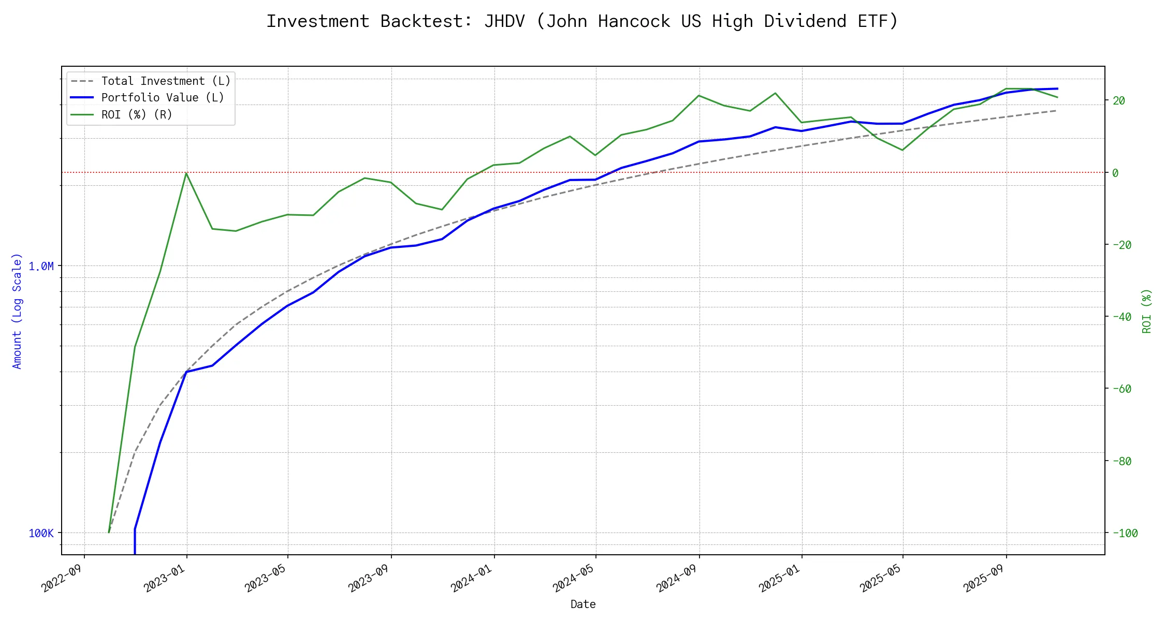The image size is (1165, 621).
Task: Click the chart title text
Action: click(x=582, y=21)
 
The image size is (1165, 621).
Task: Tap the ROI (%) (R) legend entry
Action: click(x=136, y=114)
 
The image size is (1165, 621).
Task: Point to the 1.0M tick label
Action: click(x=41, y=266)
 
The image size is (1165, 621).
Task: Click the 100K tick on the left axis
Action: click(x=41, y=533)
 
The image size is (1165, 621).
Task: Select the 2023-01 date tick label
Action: click(x=165, y=578)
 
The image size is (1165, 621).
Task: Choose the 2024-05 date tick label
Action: click(x=574, y=578)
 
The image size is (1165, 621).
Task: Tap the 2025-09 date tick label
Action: click(x=984, y=578)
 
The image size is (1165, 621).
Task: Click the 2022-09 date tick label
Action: click(x=63, y=578)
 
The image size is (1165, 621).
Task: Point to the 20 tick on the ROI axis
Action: click(x=1119, y=100)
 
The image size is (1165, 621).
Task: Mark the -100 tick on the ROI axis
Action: click(x=1122, y=533)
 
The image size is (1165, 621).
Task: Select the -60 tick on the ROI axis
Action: click(x=1122, y=389)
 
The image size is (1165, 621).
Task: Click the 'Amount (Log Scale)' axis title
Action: click(x=17, y=310)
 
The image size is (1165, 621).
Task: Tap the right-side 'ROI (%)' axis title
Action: click(x=1146, y=310)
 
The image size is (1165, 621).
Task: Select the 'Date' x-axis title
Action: click(x=583, y=604)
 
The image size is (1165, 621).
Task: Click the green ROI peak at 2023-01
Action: click(x=186, y=173)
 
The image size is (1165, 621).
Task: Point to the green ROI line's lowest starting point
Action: click(x=109, y=533)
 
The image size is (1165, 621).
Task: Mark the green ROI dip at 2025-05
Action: click(x=902, y=150)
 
